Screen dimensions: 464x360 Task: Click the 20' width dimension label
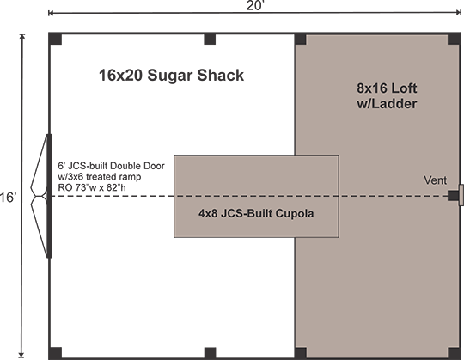tap(255, 6)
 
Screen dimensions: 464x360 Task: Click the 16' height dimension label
tap(7, 197)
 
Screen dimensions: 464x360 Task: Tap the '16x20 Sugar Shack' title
tap(171, 75)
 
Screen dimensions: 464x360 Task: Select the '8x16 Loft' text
tap(387, 88)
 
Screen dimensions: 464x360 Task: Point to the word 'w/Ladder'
tap(387, 104)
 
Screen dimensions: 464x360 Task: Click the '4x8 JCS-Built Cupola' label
tap(256, 213)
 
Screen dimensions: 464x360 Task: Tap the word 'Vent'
tap(435, 180)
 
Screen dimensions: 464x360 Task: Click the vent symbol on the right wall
tap(461, 195)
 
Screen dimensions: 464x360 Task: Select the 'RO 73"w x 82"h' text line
tap(92, 187)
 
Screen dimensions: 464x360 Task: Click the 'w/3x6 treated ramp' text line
tap(100, 177)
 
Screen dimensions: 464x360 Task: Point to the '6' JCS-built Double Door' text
tap(111, 166)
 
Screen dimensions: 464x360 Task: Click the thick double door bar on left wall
tap(50, 196)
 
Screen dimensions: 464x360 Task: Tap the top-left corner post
tap(55, 39)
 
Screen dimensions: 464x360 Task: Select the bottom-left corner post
tap(55, 353)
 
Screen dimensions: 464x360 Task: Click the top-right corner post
tap(455, 39)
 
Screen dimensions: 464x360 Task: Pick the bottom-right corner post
tap(455, 353)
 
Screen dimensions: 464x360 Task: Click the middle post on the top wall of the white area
tap(210, 39)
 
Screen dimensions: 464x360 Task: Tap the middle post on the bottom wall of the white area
tap(211, 353)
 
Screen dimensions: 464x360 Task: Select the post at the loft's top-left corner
tap(301, 39)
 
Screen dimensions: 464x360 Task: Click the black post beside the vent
tap(453, 196)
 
